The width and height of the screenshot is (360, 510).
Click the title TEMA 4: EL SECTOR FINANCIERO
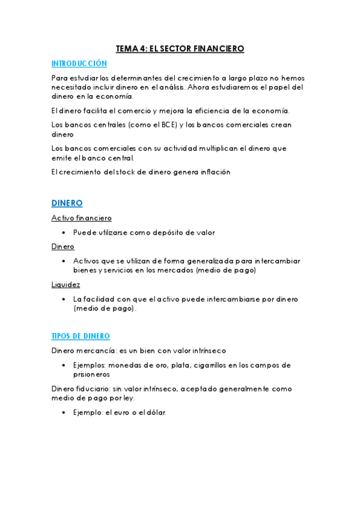(x=180, y=49)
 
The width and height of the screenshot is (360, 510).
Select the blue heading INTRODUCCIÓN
(x=79, y=63)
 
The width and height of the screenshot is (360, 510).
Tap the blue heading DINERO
(x=67, y=203)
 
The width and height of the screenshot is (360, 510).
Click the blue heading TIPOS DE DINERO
(x=81, y=336)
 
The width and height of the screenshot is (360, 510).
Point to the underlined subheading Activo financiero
(x=81, y=218)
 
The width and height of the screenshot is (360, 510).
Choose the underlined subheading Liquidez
(x=66, y=284)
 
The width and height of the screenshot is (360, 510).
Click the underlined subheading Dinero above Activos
(x=63, y=247)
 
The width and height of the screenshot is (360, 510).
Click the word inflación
(x=212, y=172)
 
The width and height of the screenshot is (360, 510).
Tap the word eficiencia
(x=209, y=111)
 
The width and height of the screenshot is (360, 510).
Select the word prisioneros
(x=93, y=374)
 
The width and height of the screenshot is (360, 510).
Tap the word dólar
(x=154, y=413)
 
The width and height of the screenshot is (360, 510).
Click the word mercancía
(x=98, y=351)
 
